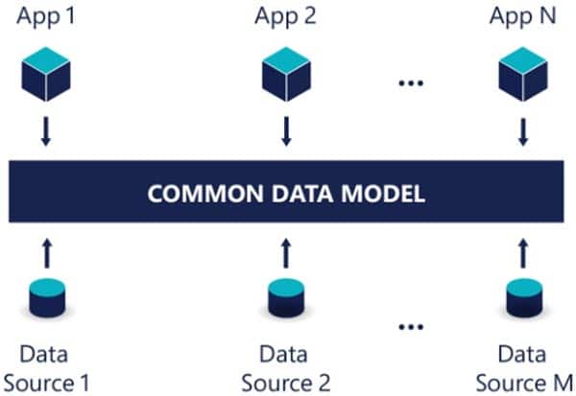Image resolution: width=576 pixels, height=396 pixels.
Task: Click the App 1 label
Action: tap(44, 16)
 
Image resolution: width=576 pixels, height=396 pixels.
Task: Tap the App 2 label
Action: tap(285, 16)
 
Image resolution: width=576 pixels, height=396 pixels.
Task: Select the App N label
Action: tap(521, 16)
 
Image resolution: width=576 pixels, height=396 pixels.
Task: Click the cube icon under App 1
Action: tap(44, 74)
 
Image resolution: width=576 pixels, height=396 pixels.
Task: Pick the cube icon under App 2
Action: tap(285, 74)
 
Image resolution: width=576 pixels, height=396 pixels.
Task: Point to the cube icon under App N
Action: tap(521, 74)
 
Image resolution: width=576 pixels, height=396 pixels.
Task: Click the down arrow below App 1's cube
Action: tap(44, 132)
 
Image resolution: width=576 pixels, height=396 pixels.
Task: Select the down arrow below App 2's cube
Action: tap(285, 132)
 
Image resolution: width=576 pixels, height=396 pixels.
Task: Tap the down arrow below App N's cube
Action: tap(521, 132)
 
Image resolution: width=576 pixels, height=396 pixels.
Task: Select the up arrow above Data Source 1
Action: tap(44, 254)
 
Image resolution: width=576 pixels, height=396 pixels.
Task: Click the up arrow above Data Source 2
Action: tap(285, 254)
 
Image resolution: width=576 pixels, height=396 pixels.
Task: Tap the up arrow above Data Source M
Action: tap(521, 254)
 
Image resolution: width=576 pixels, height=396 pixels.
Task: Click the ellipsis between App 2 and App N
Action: tap(411, 82)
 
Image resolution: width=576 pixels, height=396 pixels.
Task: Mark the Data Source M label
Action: tap(521, 369)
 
